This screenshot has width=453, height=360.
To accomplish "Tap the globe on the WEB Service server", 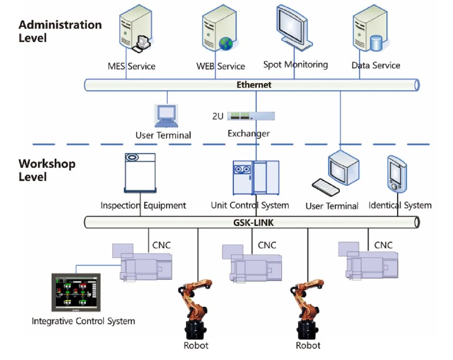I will click(x=226, y=44).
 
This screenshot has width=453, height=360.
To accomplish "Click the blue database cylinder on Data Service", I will click(x=376, y=43).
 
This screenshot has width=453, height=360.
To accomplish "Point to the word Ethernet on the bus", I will click(x=254, y=85).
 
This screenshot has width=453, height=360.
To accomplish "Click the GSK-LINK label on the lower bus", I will click(x=253, y=222).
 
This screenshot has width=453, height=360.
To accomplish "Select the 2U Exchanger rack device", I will click(x=251, y=116).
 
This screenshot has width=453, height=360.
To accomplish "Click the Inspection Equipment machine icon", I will click(x=140, y=172).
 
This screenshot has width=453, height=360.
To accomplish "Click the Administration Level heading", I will click(x=60, y=31).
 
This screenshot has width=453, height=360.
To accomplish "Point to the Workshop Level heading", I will click(x=47, y=170).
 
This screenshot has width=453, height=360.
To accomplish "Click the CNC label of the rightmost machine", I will click(x=383, y=245).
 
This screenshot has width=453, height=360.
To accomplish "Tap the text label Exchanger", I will click(x=248, y=133).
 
